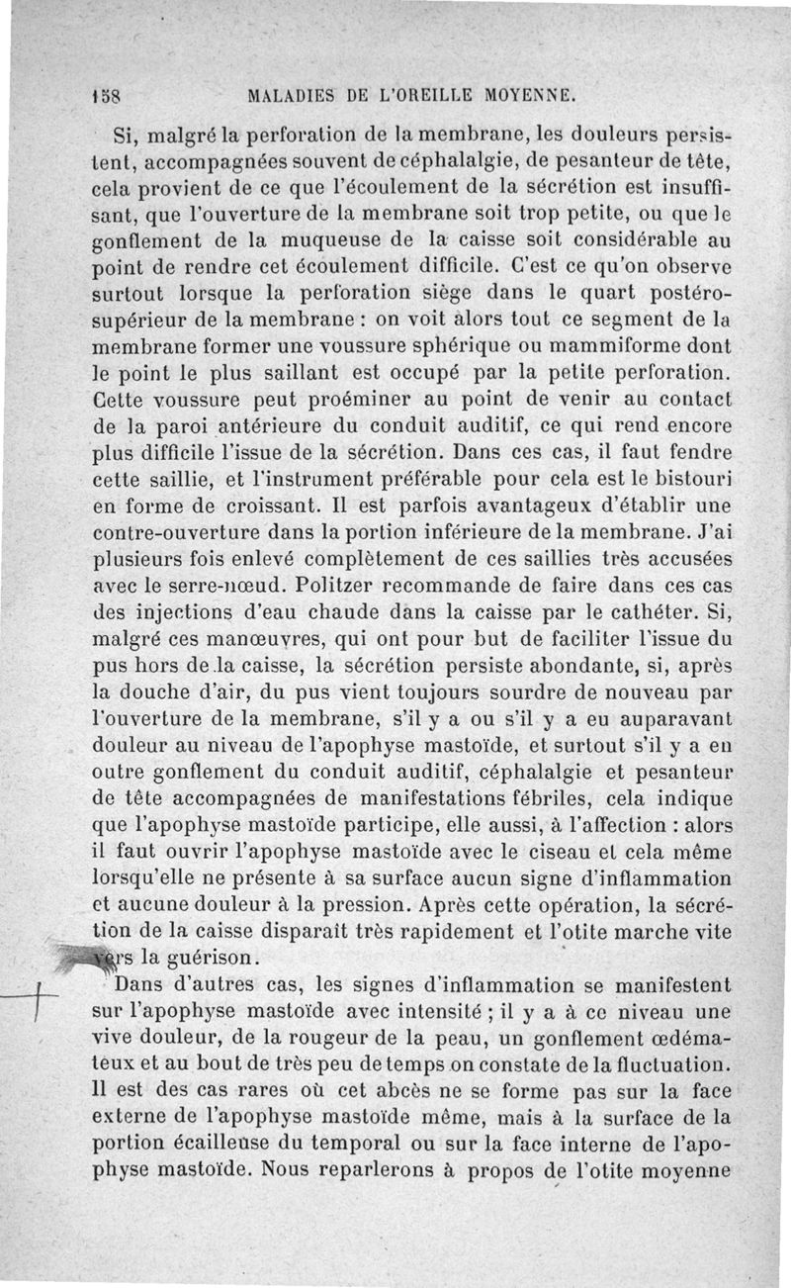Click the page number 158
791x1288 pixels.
[102, 98]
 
